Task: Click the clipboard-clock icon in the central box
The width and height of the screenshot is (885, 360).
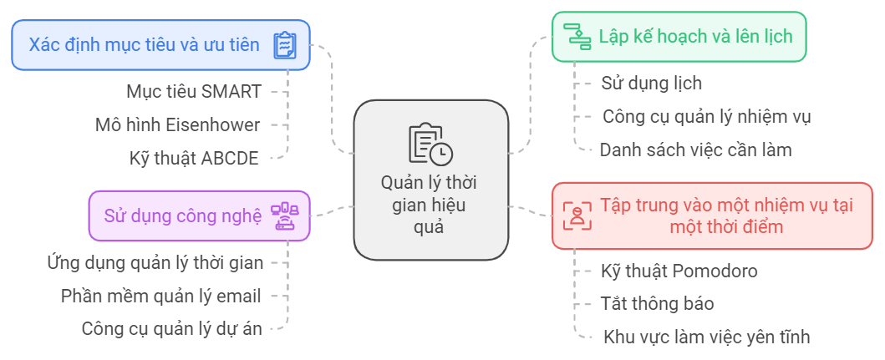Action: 430,144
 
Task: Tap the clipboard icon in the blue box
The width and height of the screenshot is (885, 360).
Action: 285,45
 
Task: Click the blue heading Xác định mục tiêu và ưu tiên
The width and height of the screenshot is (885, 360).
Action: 144,44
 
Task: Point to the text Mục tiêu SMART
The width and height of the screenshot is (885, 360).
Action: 194,90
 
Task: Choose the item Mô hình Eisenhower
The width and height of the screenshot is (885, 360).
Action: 177,124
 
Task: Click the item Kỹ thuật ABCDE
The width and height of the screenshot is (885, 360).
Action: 195,158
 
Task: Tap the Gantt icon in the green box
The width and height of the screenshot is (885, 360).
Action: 577,37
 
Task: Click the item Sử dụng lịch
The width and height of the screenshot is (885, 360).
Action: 651,83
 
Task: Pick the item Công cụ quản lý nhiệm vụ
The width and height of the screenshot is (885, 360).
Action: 706,116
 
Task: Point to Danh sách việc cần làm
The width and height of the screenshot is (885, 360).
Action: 695,150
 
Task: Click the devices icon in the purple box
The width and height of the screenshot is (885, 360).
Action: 284,215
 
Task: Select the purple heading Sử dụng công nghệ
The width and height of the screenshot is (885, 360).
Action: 182,215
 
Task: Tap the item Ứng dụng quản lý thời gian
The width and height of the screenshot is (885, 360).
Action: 155,262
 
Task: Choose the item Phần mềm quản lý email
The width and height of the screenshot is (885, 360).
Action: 161,296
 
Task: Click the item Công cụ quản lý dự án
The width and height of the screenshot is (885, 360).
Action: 172,329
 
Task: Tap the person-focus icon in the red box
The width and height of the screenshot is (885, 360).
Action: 576,215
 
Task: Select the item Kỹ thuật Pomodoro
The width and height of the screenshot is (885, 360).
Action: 679,271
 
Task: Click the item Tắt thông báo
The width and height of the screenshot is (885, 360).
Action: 657,304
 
